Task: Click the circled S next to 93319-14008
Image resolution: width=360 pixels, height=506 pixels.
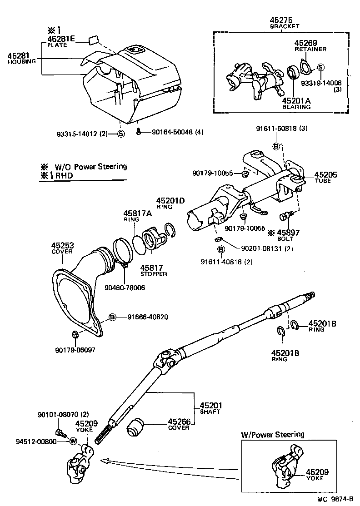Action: coord(320,67)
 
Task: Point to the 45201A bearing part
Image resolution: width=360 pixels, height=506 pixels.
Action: coord(293,73)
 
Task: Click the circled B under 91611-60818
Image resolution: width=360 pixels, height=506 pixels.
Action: coord(275,146)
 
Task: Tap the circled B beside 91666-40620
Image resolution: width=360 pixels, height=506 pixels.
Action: coord(112,317)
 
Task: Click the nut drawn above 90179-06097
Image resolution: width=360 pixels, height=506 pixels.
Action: coord(75,335)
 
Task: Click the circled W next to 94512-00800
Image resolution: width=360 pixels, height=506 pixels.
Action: coord(73,441)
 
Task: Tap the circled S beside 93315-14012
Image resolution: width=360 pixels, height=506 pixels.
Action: coord(120,134)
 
